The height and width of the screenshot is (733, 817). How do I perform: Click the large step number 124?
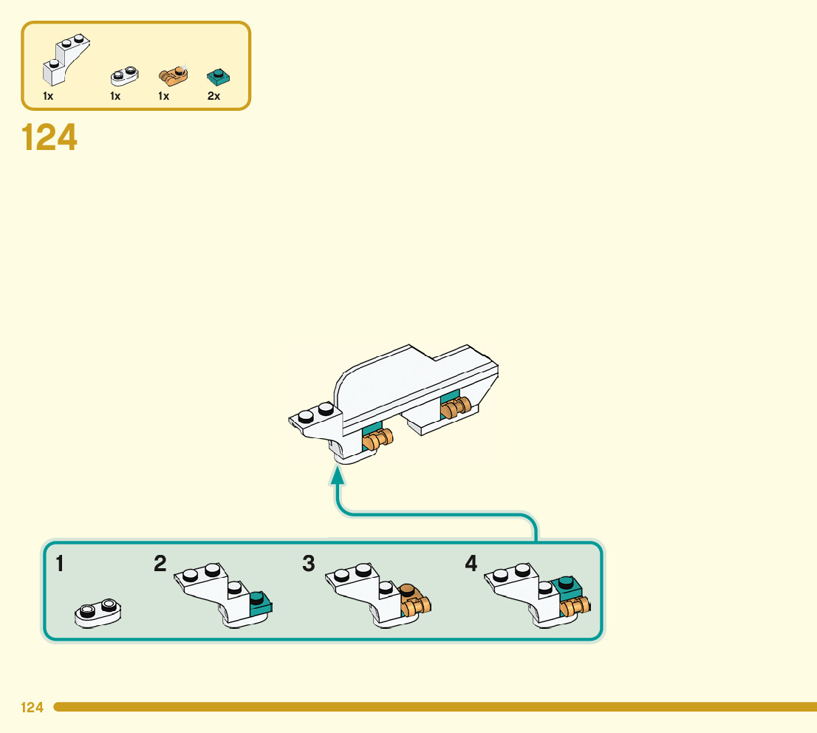(x=49, y=137)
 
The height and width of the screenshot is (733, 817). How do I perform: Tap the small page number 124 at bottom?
(x=32, y=708)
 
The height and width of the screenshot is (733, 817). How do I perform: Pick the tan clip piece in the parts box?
(x=174, y=74)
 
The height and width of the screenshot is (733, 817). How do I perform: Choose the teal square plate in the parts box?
(x=218, y=75)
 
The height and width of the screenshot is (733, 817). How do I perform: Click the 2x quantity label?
(x=213, y=96)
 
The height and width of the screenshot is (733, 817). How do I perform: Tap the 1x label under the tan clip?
(x=164, y=96)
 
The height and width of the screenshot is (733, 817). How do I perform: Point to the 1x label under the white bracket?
(x=48, y=96)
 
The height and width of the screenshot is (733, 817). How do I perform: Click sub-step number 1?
(x=60, y=565)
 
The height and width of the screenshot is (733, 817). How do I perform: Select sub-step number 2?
(x=160, y=565)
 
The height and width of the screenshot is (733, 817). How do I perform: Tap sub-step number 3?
(x=309, y=565)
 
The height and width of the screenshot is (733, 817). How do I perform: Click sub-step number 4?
(x=471, y=565)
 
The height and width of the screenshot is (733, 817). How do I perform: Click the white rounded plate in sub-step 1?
(x=98, y=613)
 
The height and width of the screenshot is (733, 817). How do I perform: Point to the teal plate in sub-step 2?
(x=259, y=602)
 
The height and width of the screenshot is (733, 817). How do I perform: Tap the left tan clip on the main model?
(x=377, y=441)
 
